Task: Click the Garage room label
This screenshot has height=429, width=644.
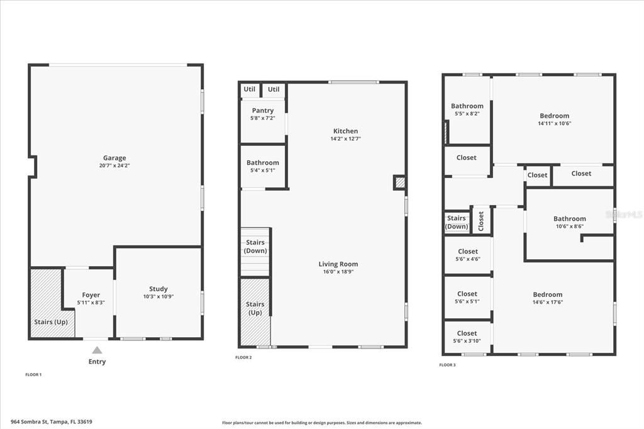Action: [114, 158]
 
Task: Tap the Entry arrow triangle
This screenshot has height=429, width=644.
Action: [97, 350]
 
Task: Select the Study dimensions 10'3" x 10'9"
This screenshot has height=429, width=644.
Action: [158, 296]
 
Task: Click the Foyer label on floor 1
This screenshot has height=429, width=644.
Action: [91, 295]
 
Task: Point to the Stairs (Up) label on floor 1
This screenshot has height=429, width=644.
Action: [50, 321]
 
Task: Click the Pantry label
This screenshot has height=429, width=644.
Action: [263, 111]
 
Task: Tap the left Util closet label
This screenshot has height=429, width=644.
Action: [250, 89]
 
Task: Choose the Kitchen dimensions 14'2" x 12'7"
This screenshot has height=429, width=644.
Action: [345, 138]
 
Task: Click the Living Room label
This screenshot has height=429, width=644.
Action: [338, 264]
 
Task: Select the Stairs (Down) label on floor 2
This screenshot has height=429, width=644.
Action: [255, 247]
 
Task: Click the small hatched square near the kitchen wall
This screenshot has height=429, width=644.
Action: [400, 183]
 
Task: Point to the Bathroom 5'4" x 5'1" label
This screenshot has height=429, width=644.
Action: [262, 163]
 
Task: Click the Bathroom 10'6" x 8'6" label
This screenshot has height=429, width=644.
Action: [569, 219]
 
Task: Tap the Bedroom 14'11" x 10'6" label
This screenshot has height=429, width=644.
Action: [554, 116]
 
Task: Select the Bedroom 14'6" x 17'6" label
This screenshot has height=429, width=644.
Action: [548, 294]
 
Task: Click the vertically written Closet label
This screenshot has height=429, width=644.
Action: [481, 221]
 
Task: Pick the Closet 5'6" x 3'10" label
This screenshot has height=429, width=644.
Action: [467, 333]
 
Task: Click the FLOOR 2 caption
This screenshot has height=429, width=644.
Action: [243, 357]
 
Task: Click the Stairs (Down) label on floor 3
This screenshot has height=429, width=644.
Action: [457, 222]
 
